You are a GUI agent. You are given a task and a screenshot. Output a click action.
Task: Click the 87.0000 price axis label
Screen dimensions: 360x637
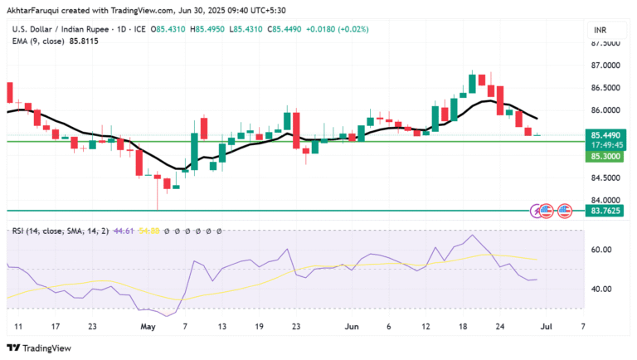(605, 65)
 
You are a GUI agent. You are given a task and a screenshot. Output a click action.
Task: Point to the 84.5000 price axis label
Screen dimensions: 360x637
(605, 178)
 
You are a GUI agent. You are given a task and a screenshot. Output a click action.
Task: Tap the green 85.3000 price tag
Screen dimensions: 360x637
(605, 156)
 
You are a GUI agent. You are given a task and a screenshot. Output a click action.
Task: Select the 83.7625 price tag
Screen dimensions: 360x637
(605, 212)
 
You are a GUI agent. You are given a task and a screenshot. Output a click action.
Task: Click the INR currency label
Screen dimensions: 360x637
(601, 30)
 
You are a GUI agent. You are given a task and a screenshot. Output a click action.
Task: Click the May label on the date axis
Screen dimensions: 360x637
(148, 327)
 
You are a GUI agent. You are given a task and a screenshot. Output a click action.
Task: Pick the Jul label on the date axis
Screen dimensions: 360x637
(547, 327)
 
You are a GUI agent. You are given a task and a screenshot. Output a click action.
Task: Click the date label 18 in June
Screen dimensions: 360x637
(463, 327)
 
